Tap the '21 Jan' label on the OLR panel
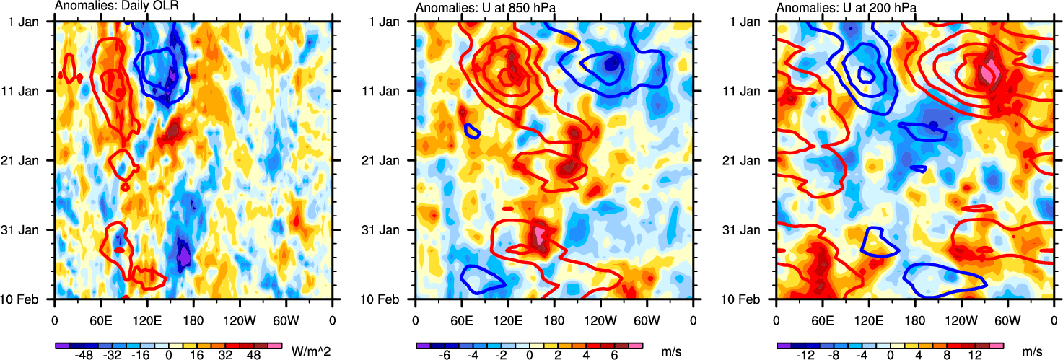click(x=28, y=160)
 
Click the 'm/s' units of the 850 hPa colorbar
click(x=672, y=351)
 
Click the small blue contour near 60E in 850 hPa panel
click(x=472, y=131)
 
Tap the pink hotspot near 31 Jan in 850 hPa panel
click(x=539, y=236)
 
